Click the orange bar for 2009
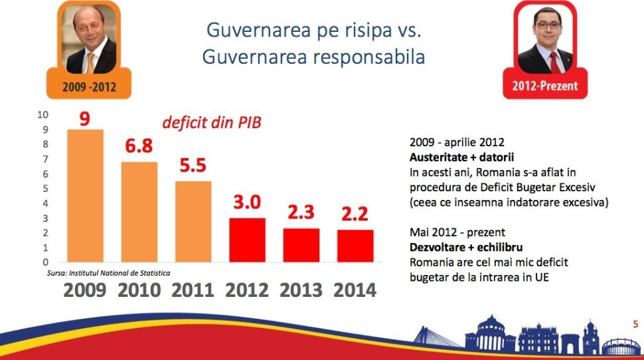tap(86, 196)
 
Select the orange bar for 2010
tap(139, 213)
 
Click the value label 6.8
tap(139, 146)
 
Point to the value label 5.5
tap(193, 166)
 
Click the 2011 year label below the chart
tap(193, 290)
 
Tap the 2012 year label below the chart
tap(246, 290)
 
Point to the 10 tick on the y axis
tap(43, 114)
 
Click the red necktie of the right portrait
tap(553, 62)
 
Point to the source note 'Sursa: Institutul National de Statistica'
tap(108, 273)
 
